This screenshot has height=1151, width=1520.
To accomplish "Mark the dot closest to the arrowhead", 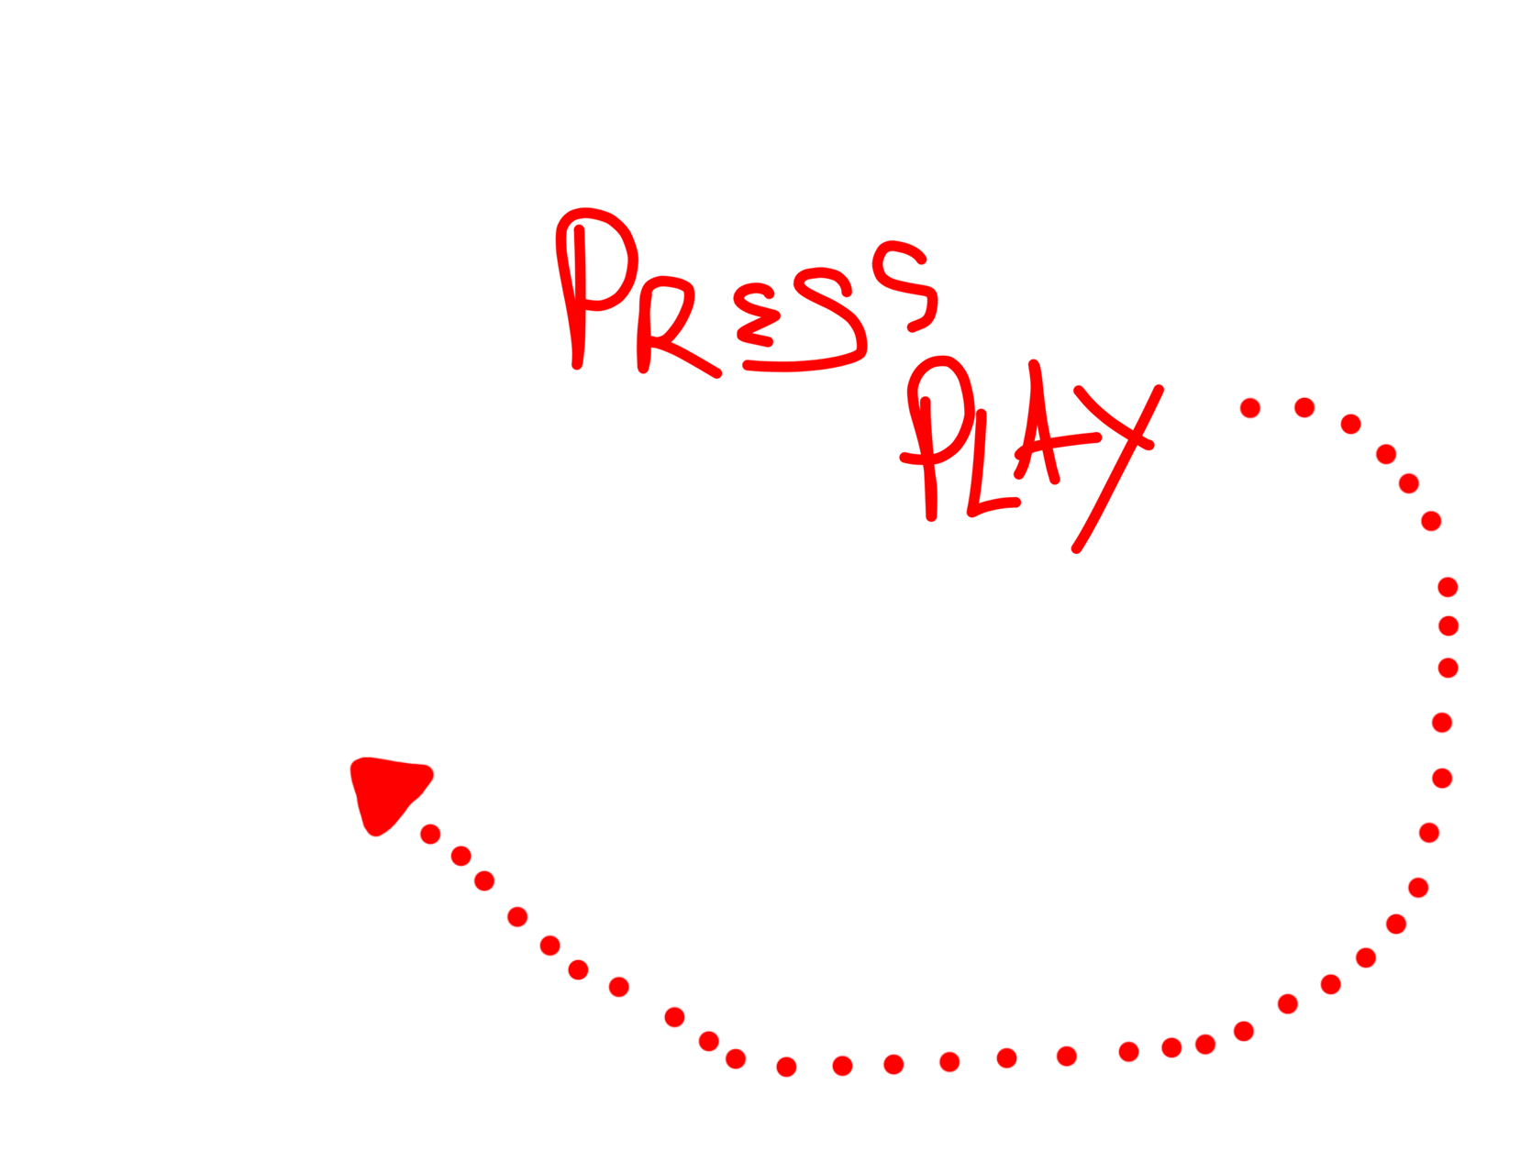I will (x=430, y=834).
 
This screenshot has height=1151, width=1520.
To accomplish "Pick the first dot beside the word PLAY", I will (x=1249, y=407).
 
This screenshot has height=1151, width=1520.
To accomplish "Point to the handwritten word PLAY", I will (x=1027, y=449).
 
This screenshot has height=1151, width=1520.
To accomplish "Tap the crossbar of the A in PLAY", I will (x=1055, y=445).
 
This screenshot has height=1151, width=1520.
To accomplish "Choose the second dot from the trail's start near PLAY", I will (x=1304, y=406).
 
